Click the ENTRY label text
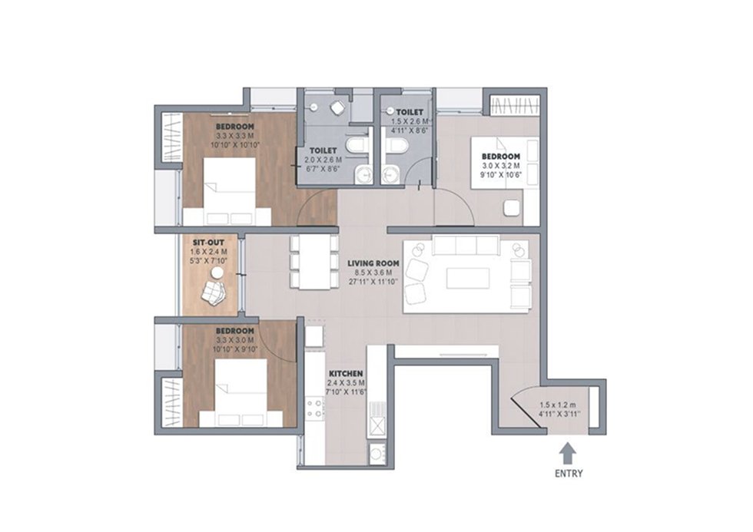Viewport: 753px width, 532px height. tap(569, 474)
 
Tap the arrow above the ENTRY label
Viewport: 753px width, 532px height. tap(569, 451)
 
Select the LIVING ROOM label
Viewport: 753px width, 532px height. tap(373, 263)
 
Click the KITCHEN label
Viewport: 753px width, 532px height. tap(345, 373)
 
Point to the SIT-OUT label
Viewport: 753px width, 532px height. tap(208, 243)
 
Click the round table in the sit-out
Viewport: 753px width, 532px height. tap(217, 273)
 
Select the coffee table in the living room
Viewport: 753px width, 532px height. tap(468, 278)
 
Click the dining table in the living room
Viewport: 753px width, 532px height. tap(313, 262)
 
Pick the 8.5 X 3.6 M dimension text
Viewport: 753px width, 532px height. tap(373, 273)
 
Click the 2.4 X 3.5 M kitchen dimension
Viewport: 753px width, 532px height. tap(346, 383)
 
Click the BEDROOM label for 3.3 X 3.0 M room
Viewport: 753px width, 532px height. tap(234, 331)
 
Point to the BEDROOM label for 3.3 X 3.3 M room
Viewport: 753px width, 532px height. tap(234, 127)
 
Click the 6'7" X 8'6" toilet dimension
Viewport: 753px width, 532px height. tap(324, 168)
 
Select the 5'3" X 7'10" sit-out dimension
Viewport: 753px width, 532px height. tap(208, 260)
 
